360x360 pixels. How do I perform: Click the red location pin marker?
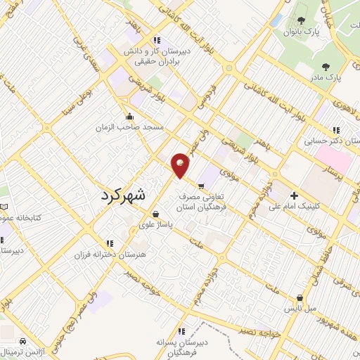pos(181,164)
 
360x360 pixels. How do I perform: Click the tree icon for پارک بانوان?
pos(302,20)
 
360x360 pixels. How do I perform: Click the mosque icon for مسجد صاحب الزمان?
pos(129,117)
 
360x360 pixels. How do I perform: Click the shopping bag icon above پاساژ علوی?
pos(155,214)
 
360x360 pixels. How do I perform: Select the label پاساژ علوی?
pos(157,224)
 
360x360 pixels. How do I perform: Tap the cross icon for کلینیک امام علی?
pos(294,195)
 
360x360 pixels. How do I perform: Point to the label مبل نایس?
pos(300,309)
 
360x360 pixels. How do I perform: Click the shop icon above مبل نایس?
pos(300,297)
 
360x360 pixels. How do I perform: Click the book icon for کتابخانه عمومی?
pos(6,207)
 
